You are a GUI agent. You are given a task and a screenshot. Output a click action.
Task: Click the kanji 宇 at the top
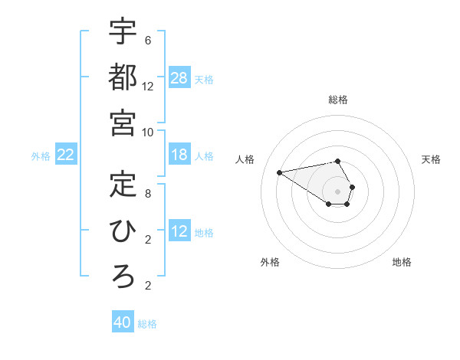tap(123, 32)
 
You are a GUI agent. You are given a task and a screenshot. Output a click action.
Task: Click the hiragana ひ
tap(123, 230)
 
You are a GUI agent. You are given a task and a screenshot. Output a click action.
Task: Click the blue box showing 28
tap(179, 78)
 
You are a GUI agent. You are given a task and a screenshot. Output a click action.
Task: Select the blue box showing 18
tap(179, 155)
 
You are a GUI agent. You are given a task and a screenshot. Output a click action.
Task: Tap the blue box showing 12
tap(179, 232)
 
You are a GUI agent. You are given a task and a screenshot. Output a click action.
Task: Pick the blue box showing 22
tap(66, 155)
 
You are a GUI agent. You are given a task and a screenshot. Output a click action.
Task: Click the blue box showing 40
tap(123, 322)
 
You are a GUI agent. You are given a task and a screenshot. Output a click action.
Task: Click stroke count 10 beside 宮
tap(148, 132)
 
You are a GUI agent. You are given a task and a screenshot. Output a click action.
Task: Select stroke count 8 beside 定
tap(148, 192)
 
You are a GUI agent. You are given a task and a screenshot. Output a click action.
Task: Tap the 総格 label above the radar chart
tap(337, 100)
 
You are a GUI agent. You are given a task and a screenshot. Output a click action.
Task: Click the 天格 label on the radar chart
tap(431, 159)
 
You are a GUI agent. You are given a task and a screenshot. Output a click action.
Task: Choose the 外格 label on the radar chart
tap(270, 262)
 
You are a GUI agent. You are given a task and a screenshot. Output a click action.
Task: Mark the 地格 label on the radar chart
tap(402, 262)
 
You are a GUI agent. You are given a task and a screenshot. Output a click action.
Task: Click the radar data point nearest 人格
tap(279, 172)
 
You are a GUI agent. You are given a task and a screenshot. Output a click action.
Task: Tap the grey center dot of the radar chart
tap(337, 191)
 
